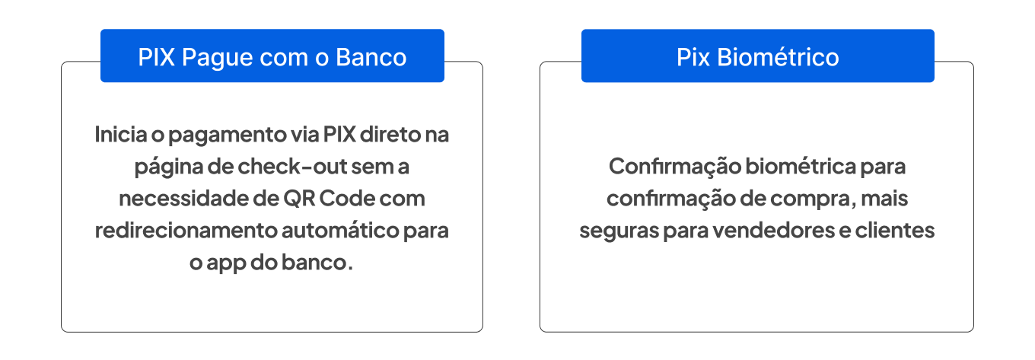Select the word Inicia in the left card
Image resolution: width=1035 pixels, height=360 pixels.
pyautogui.click(x=116, y=135)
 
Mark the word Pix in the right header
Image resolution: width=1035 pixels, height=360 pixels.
pyautogui.click(x=693, y=57)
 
